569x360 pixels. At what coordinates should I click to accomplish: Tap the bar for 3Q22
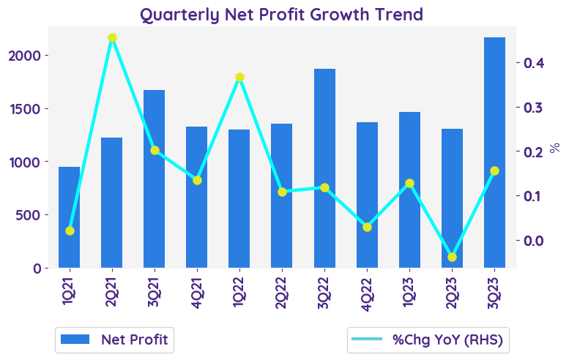324,168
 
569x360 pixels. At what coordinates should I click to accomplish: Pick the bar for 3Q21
154,179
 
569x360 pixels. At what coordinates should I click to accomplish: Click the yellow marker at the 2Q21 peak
112,38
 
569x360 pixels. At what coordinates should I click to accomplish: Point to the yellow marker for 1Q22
239,78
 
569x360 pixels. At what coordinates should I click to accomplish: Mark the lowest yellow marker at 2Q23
452,257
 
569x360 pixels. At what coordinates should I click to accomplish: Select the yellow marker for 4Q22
367,227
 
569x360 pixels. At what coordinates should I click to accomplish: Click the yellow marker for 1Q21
70,230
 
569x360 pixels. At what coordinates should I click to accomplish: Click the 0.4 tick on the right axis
533,63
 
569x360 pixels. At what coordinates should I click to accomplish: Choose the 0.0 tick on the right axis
533,241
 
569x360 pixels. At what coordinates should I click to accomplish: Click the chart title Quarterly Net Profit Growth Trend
282,15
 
